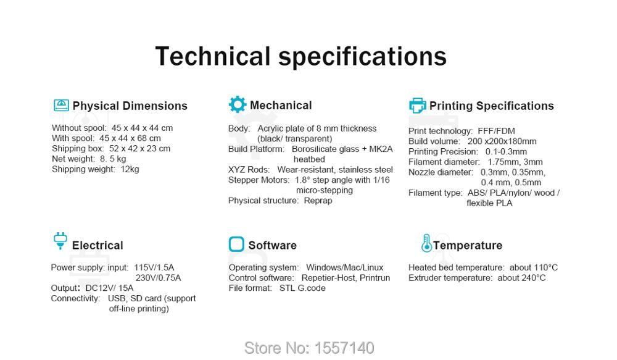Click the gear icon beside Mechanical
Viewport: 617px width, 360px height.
[x=238, y=104]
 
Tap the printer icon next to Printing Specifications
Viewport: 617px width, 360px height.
[x=418, y=105]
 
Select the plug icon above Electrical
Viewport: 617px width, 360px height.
[x=60, y=241]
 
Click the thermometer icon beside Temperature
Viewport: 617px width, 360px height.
[x=426, y=243]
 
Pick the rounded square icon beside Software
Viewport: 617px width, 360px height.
[x=236, y=244]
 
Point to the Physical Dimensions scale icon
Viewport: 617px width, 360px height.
[x=61, y=105]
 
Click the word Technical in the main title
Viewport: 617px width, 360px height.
[x=213, y=56]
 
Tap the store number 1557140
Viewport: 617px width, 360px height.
[x=344, y=348]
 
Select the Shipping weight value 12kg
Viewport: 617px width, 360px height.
[x=130, y=169]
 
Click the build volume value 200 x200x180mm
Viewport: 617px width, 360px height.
[x=502, y=141]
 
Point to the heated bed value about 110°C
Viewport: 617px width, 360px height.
[x=534, y=267]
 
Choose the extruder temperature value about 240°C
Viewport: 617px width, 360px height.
[x=521, y=278]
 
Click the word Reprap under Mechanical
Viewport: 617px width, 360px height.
[x=318, y=201]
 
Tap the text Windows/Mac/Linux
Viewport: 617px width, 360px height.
[x=345, y=267]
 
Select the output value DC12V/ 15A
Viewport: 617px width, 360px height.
[x=109, y=288]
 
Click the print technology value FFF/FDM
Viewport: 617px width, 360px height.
[x=496, y=131]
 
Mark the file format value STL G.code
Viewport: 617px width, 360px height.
[x=302, y=288]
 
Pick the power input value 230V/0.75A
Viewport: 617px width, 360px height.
[x=158, y=278]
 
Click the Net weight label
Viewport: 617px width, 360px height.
[x=73, y=159]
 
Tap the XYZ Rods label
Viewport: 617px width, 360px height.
[x=249, y=170]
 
